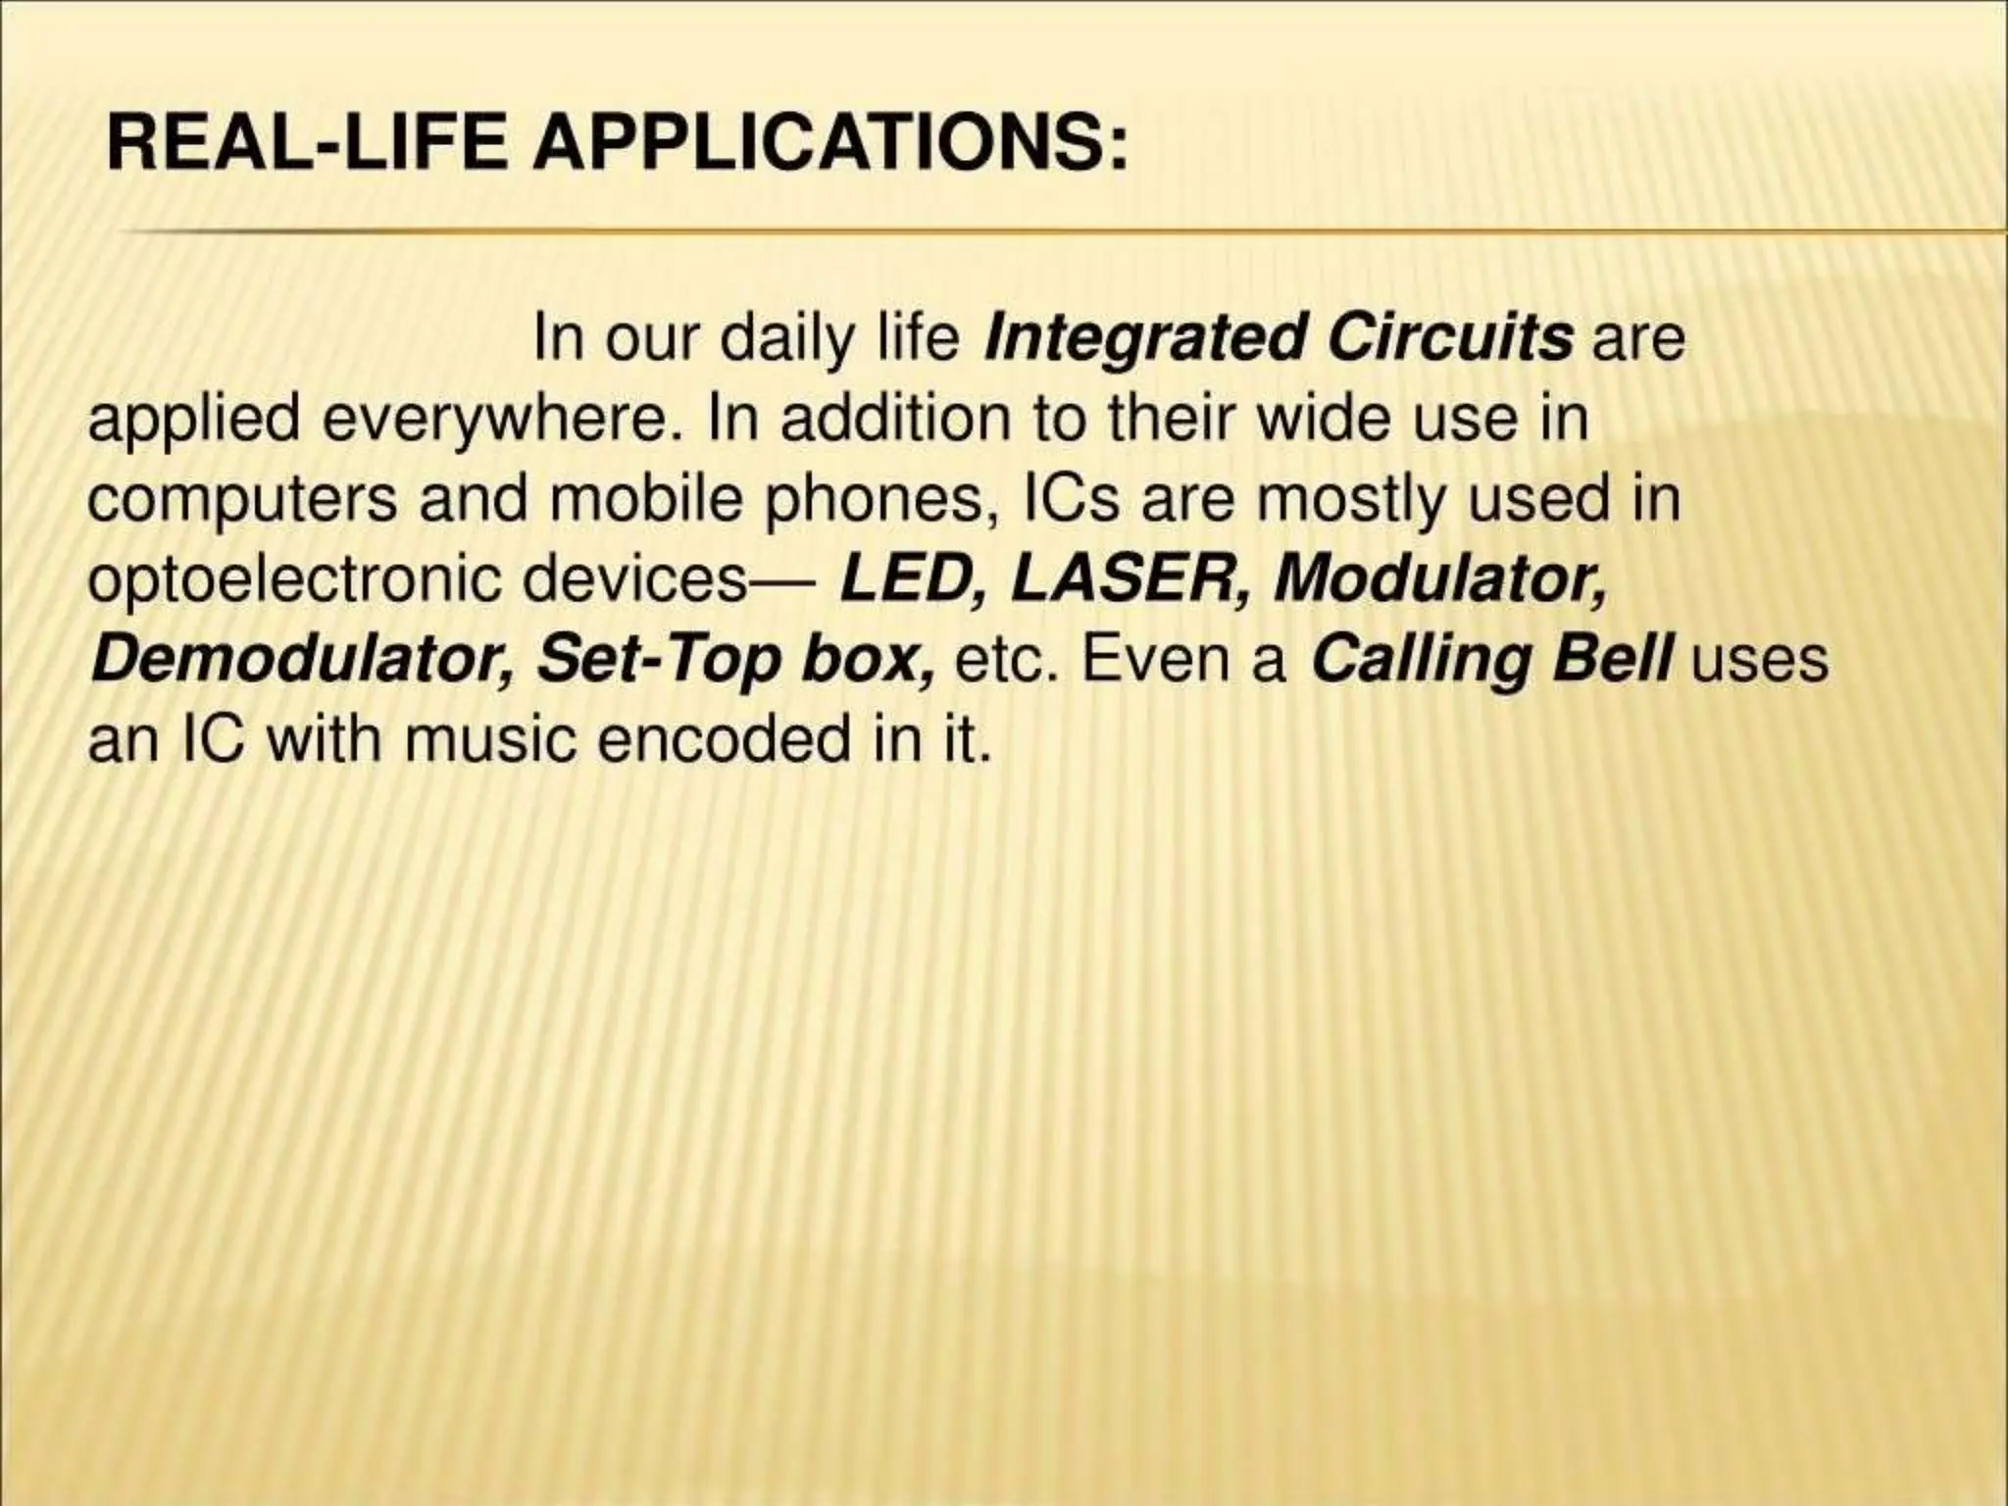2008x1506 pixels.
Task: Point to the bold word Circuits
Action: pos(1450,338)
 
